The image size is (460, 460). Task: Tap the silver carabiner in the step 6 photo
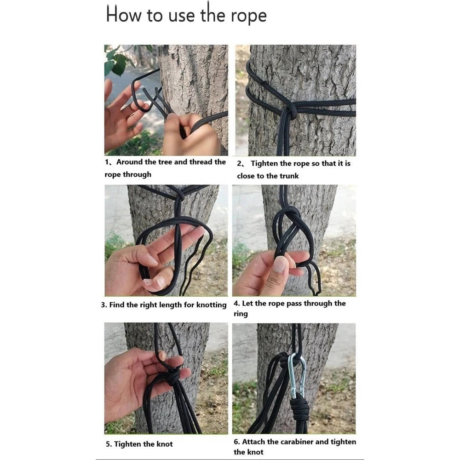(x=297, y=374)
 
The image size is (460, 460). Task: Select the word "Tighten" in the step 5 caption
(x=129, y=444)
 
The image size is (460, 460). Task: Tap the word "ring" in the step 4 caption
(x=240, y=314)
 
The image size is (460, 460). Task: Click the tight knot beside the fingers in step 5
(x=173, y=378)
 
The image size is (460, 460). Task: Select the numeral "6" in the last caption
(x=236, y=442)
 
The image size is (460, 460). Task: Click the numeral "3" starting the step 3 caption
(x=103, y=305)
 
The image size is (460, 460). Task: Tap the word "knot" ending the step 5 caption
(x=165, y=444)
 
